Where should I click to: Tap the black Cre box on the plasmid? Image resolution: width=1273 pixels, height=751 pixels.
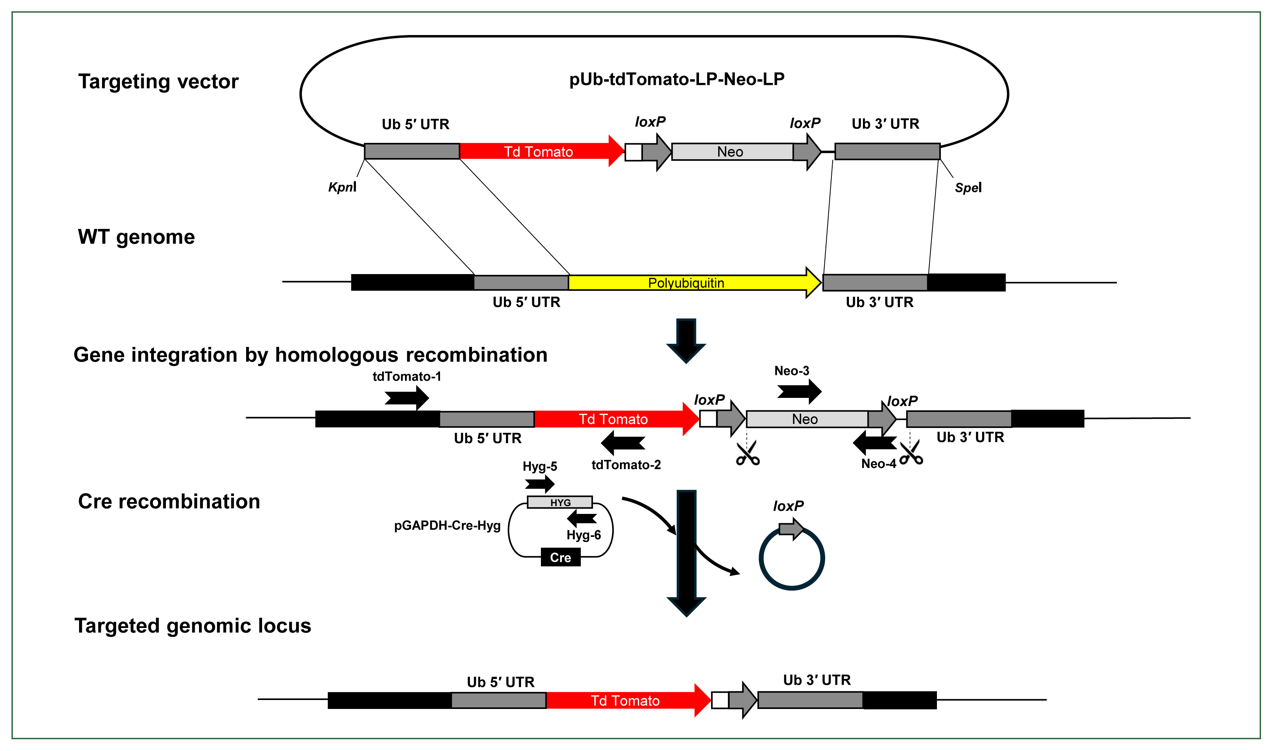560,557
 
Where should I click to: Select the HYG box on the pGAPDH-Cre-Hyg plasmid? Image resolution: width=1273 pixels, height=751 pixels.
560,502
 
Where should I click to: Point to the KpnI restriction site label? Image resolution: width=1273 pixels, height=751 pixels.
342,187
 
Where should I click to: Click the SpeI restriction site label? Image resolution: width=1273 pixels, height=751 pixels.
968,188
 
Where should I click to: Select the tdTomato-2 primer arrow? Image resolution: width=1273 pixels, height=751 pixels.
623,443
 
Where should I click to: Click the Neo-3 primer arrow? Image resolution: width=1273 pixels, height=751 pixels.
799,391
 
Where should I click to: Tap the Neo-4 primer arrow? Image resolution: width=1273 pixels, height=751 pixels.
874,443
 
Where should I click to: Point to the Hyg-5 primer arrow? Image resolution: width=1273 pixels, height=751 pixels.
540,484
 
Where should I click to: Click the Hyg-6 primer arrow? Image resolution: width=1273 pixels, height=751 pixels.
582,518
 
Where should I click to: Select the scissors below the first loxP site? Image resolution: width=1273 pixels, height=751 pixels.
748,453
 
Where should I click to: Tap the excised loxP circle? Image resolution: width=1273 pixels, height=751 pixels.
792,559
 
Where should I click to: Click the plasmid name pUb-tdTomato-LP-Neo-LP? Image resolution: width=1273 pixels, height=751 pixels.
676,79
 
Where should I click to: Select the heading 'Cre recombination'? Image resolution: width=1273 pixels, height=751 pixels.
169,501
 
